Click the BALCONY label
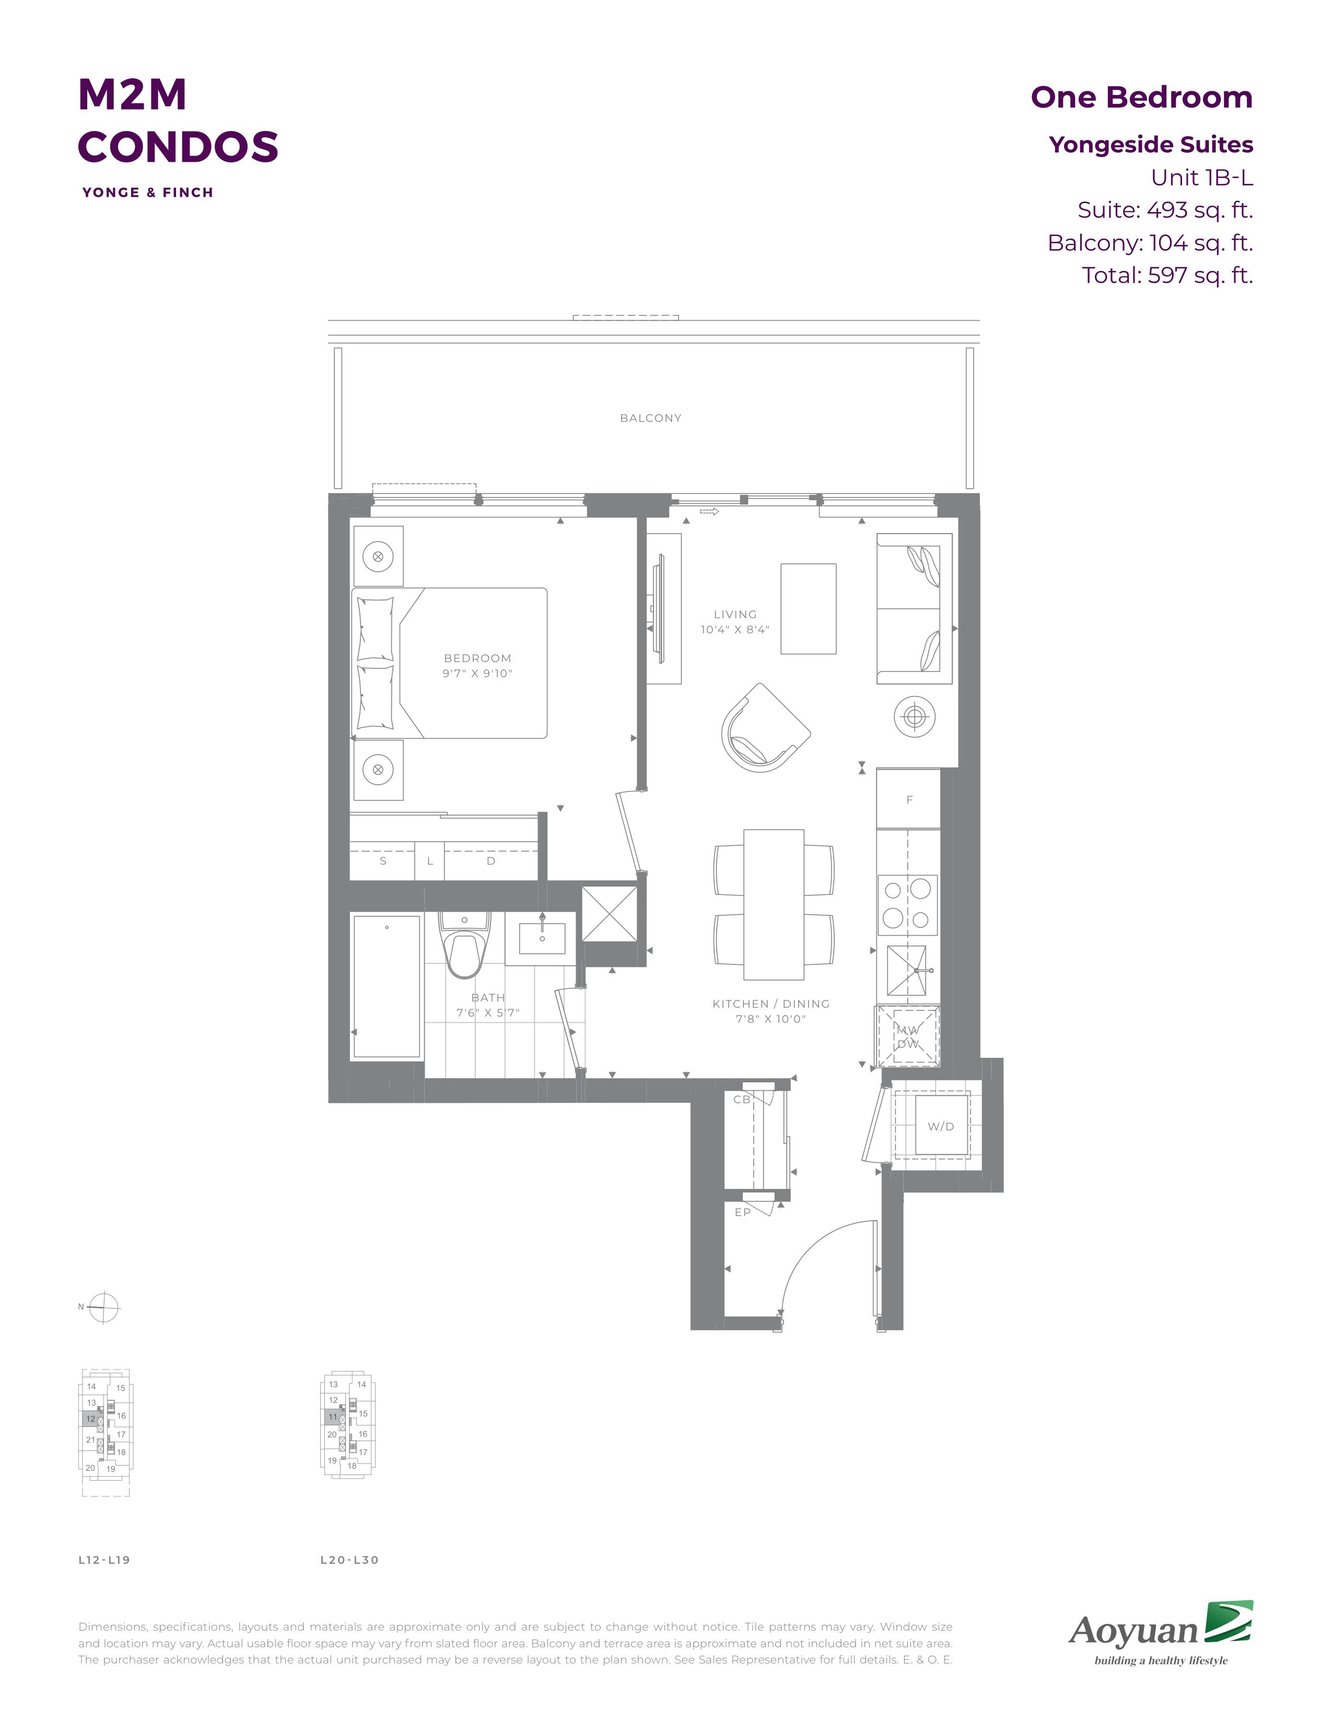coord(650,418)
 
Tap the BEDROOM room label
coord(477,658)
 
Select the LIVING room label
coord(734,614)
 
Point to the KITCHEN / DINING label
coord(771,1004)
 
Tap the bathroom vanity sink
coord(542,938)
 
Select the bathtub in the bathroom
coord(387,986)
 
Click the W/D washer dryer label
coord(941,1127)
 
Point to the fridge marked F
coord(908,799)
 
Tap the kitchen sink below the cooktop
coord(908,971)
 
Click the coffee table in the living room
coord(808,608)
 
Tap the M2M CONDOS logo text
coord(178,120)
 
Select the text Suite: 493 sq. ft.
coord(1165,210)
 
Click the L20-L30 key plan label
coord(349,1560)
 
